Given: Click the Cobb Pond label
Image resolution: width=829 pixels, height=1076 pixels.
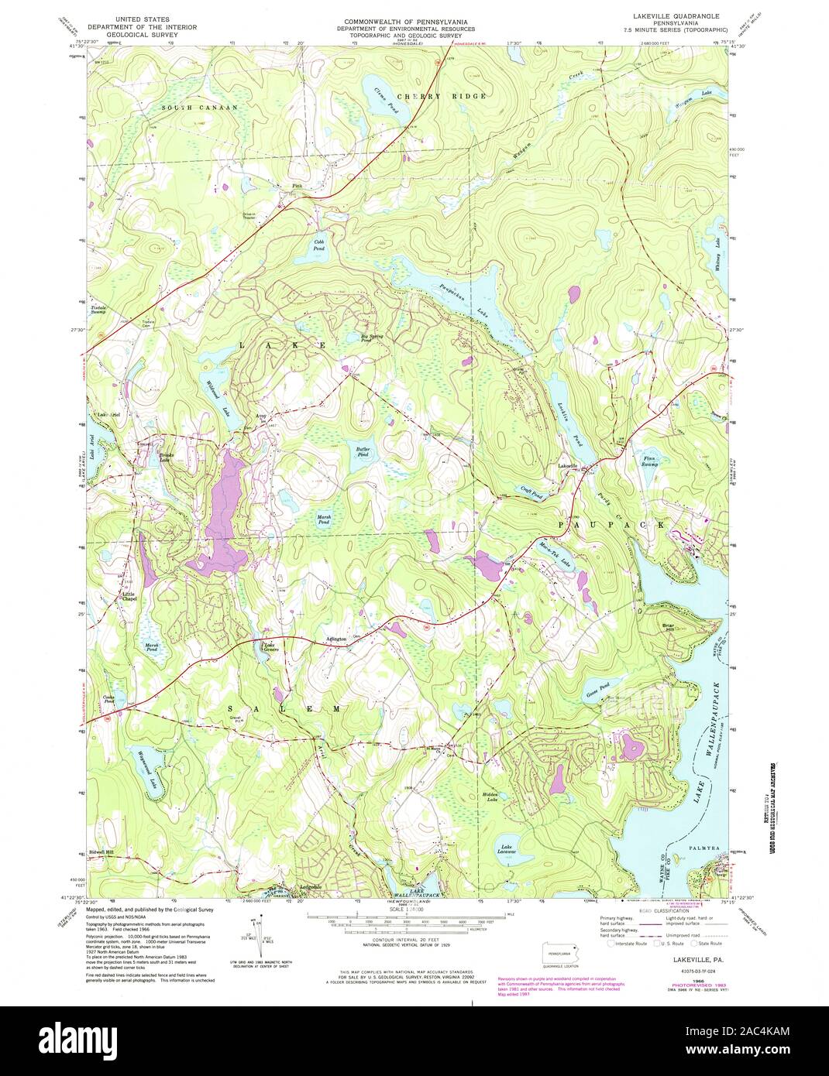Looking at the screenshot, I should click(x=318, y=245).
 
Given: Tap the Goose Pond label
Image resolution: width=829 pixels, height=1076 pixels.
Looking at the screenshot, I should click(x=598, y=685).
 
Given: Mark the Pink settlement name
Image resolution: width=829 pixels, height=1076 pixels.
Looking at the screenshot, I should click(x=297, y=186).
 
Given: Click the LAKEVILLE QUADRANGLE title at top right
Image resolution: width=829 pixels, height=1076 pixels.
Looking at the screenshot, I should click(x=664, y=15).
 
